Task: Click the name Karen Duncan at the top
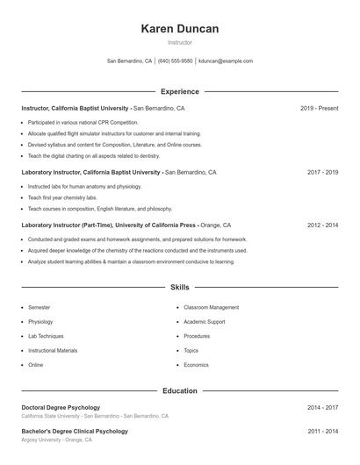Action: (179, 29)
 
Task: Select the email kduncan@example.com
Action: (226, 61)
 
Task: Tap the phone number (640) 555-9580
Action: (176, 61)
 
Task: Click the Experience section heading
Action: (179, 91)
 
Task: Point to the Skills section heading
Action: (179, 287)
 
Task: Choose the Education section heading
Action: (179, 390)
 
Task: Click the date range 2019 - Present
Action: (319, 109)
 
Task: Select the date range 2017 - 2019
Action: (322, 173)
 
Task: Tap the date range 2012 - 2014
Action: (322, 225)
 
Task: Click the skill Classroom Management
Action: (211, 308)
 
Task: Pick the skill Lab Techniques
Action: (46, 336)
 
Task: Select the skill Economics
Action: (196, 364)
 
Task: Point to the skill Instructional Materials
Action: (53, 350)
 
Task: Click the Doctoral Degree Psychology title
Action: (61, 408)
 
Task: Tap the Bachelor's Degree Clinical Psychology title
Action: (75, 432)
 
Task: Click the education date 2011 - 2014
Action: (322, 432)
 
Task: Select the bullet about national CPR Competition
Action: (83, 122)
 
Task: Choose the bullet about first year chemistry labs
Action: (62, 197)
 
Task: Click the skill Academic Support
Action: (205, 322)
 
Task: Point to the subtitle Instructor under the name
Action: (179, 42)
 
